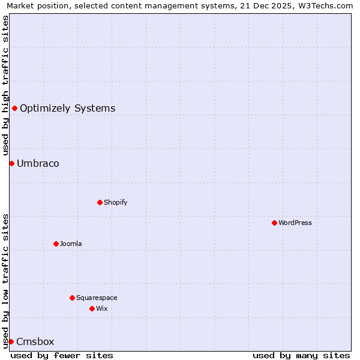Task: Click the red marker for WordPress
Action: pyautogui.click(x=274, y=223)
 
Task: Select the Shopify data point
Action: pyautogui.click(x=100, y=202)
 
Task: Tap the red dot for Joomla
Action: pyautogui.click(x=56, y=244)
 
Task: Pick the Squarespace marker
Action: pyautogui.click(x=72, y=298)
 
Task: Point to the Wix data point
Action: pyautogui.click(x=92, y=308)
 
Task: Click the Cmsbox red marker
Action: pyautogui.click(x=11, y=341)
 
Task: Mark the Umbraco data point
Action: pyautogui.click(x=11, y=163)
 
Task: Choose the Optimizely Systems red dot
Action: pyautogui.click(x=14, y=108)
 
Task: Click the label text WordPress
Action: pyautogui.click(x=295, y=223)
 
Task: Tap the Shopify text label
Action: pyautogui.click(x=116, y=202)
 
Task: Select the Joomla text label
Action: pyautogui.click(x=71, y=244)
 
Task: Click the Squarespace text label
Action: pyautogui.click(x=97, y=298)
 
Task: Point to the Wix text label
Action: pyautogui.click(x=102, y=308)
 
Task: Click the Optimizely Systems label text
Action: pyautogui.click(x=68, y=108)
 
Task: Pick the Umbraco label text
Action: pyautogui.click(x=38, y=163)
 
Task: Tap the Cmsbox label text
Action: pyautogui.click(x=35, y=341)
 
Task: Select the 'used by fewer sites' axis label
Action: pyautogui.click(x=62, y=355)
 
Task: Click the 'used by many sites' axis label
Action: pyautogui.click(x=301, y=355)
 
